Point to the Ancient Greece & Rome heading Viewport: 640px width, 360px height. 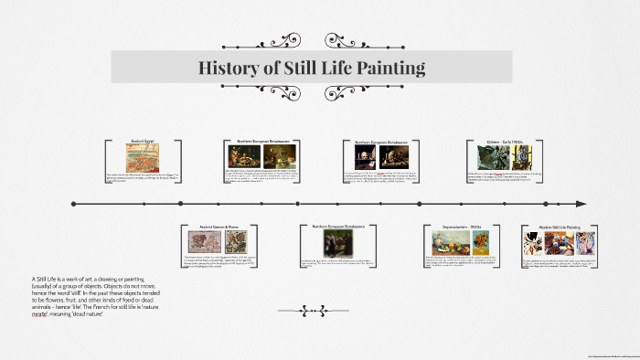213,226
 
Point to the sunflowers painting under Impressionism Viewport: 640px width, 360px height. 479,242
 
